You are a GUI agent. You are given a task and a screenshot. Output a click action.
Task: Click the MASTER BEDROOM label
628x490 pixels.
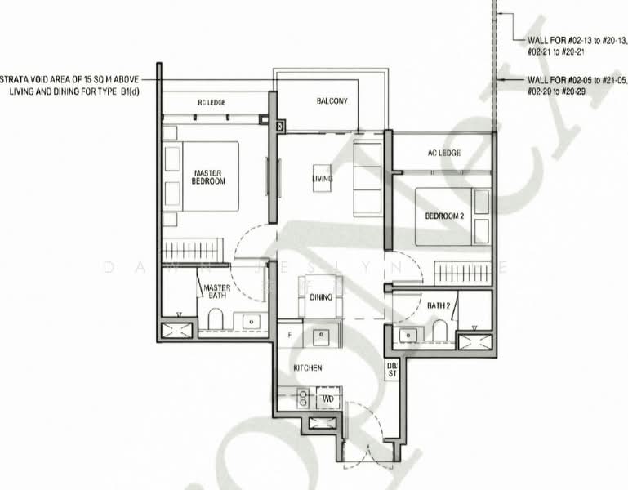208,176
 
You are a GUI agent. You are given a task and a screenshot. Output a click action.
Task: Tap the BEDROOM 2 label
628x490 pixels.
444,216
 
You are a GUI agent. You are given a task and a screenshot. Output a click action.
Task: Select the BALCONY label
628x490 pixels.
332,101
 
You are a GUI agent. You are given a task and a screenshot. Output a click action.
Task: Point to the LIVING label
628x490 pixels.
322,178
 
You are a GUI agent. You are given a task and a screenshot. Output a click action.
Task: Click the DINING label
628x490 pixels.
321,297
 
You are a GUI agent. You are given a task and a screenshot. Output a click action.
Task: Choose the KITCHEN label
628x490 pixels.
309,368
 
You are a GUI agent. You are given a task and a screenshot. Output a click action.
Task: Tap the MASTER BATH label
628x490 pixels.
216,292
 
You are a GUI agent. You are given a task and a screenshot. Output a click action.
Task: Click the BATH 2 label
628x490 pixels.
439,305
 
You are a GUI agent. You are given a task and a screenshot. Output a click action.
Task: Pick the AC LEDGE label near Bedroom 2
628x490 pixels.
444,153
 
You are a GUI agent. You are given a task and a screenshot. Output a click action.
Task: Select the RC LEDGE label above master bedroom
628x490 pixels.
212,102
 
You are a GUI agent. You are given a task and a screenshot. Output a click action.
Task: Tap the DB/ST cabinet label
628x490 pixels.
391,369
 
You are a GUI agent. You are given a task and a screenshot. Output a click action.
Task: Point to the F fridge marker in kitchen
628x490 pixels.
289,335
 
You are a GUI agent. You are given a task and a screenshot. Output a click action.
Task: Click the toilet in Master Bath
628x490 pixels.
216,320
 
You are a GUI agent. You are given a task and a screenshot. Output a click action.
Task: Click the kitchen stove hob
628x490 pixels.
303,399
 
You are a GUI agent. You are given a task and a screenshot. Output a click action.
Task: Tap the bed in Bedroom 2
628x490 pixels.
445,216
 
